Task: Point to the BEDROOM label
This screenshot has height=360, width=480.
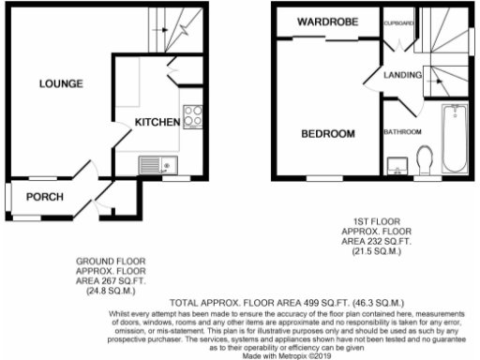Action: point(327,134)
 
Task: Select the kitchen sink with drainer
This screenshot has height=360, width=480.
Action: point(157,166)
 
